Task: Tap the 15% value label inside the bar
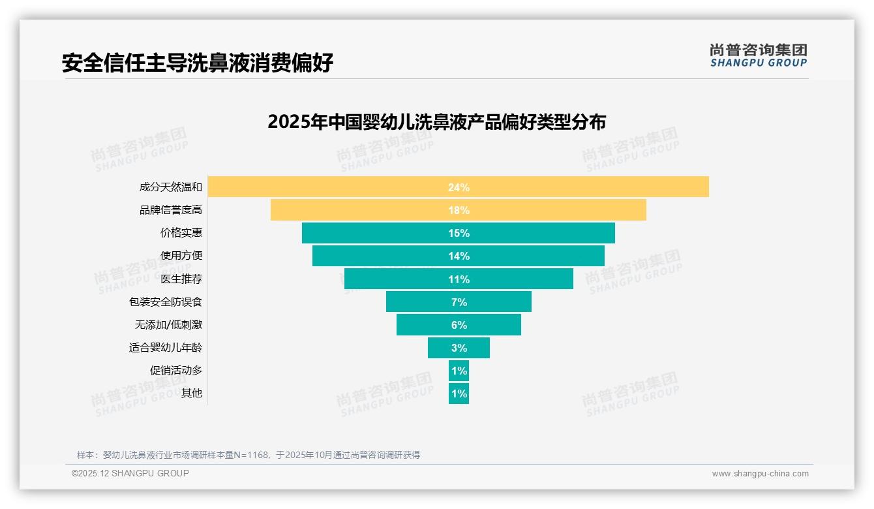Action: (459, 233)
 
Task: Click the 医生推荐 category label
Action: (181, 279)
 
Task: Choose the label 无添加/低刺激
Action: (168, 324)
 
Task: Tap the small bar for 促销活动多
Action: (459, 371)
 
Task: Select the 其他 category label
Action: (192, 393)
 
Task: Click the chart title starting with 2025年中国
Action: (436, 122)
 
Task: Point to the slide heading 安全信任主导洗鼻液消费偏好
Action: (198, 63)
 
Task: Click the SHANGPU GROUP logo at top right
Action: (759, 55)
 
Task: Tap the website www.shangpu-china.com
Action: (760, 474)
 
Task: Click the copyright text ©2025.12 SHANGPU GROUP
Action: (130, 473)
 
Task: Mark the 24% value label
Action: (459, 187)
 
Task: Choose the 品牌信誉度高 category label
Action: (171, 210)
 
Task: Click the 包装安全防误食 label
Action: (166, 301)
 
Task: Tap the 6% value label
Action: (459, 325)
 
